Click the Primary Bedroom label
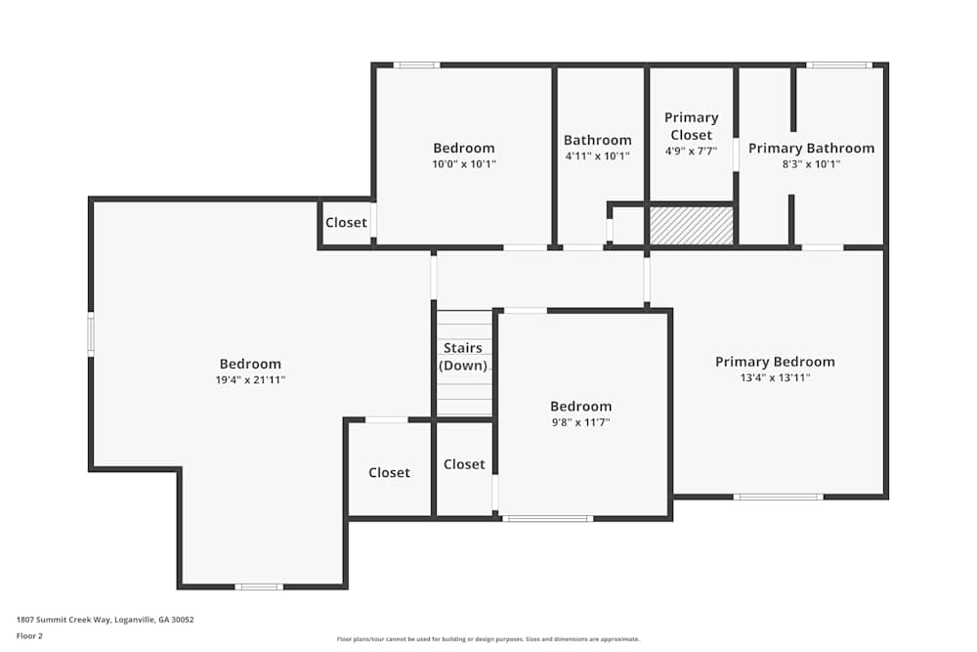[775, 362]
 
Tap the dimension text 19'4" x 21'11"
[250, 379]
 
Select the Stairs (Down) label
[463, 357]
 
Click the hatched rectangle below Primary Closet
[692, 226]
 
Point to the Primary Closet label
[691, 126]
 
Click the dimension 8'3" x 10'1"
[811, 164]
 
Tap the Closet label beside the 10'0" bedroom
[346, 222]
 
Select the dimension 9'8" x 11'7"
[580, 422]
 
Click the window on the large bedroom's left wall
[90, 332]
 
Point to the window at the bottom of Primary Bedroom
[778, 497]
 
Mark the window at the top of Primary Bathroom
[838, 65]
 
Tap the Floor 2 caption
[29, 635]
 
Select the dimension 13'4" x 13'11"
[775, 377]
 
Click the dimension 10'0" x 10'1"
[464, 164]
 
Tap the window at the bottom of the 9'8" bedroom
[547, 518]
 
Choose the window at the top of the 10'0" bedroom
[416, 65]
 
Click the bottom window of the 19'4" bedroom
[259, 587]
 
